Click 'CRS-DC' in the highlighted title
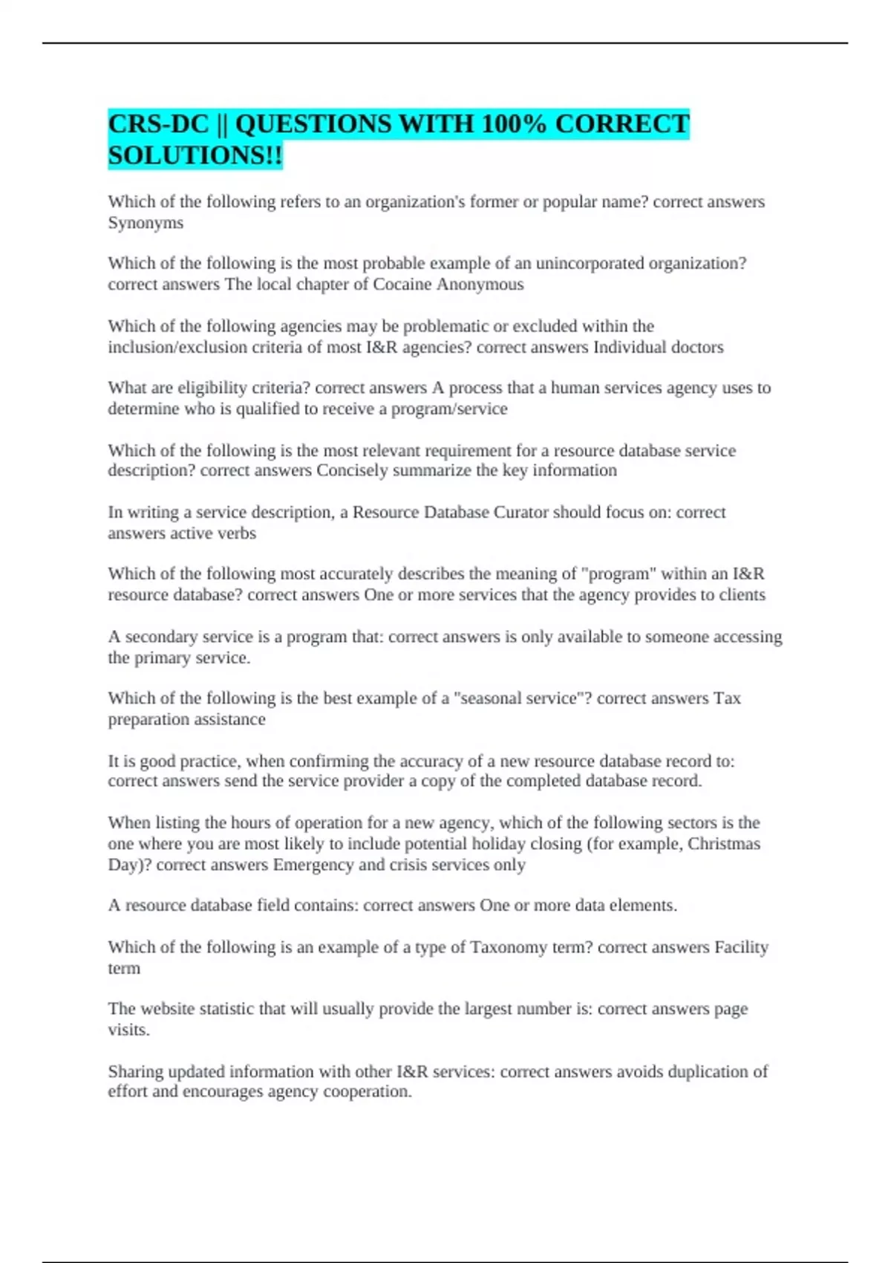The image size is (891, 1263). click(158, 123)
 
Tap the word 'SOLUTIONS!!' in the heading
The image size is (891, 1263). click(195, 155)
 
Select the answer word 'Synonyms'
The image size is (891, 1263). click(146, 223)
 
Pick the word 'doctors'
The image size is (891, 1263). click(695, 347)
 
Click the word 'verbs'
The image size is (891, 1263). click(236, 533)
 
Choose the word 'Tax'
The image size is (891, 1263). click(727, 698)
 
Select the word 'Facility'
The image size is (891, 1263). click(741, 947)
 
